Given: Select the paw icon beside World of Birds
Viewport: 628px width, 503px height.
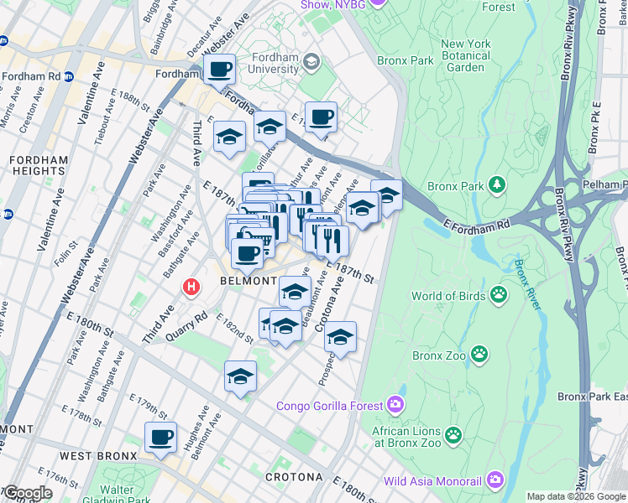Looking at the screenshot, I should (499, 294).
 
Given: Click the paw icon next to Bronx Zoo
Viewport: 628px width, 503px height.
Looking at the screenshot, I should (479, 355).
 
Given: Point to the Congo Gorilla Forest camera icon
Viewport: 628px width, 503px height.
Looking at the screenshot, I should (395, 407).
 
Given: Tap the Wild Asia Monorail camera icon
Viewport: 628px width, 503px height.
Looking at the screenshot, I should (495, 480).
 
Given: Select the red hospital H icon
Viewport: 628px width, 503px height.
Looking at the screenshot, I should (191, 287).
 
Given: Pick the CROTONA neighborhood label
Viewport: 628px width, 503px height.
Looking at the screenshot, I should (294, 477).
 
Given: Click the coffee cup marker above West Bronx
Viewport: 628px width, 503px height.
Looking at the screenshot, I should (160, 437).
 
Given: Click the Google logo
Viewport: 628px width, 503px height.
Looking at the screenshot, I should (27, 493).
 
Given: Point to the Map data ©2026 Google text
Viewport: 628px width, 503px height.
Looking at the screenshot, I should (575, 496).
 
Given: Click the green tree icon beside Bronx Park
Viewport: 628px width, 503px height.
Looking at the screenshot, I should (498, 184).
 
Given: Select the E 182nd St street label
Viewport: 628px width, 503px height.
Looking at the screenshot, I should (234, 328).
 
